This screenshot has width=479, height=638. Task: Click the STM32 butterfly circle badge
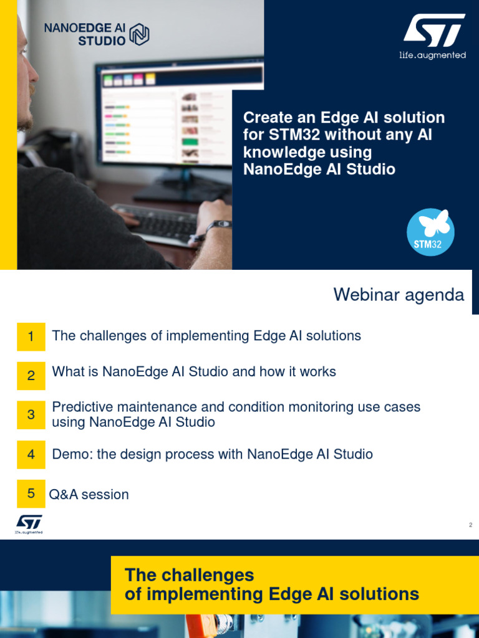[x=430, y=232]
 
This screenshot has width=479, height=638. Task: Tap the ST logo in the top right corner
[x=433, y=31]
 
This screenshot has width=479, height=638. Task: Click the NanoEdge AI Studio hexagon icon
[x=140, y=34]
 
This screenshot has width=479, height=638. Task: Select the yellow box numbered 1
[x=31, y=337]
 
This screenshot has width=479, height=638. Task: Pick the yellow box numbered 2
[x=31, y=376]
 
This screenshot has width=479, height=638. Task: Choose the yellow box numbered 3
[x=31, y=415]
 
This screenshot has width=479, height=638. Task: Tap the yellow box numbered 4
[x=31, y=455]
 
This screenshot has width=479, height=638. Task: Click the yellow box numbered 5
[x=31, y=494]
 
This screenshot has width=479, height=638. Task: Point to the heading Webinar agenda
[x=399, y=295]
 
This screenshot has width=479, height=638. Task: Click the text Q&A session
[x=89, y=495]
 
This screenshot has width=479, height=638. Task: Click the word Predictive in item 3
[x=80, y=407]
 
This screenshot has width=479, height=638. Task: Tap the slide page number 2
[x=471, y=525]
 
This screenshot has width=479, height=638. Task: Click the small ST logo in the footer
[x=29, y=524]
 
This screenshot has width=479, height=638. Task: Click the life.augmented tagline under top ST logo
[x=432, y=55]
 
